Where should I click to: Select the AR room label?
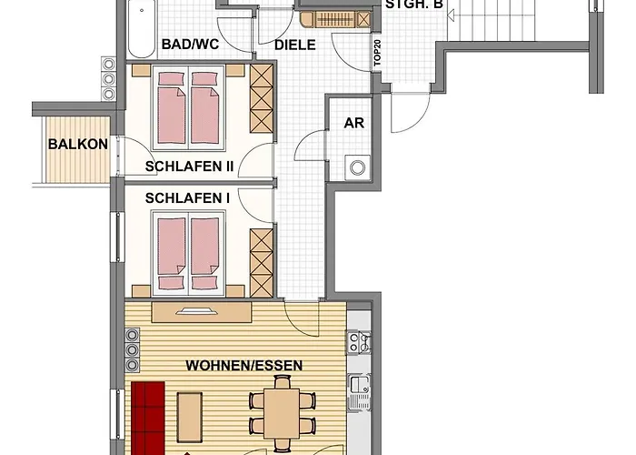click(x=353, y=123)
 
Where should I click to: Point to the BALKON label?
click(x=79, y=144)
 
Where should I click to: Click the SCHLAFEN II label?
click(x=190, y=167)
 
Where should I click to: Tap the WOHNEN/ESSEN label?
click(x=243, y=366)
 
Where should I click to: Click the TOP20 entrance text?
click(x=376, y=56)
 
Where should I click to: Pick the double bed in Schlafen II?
click(x=190, y=107)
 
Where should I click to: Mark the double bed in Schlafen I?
click(x=188, y=245)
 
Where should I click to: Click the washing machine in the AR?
click(x=358, y=167)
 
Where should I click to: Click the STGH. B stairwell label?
click(x=414, y=5)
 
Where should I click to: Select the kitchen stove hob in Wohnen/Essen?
click(x=358, y=343)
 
